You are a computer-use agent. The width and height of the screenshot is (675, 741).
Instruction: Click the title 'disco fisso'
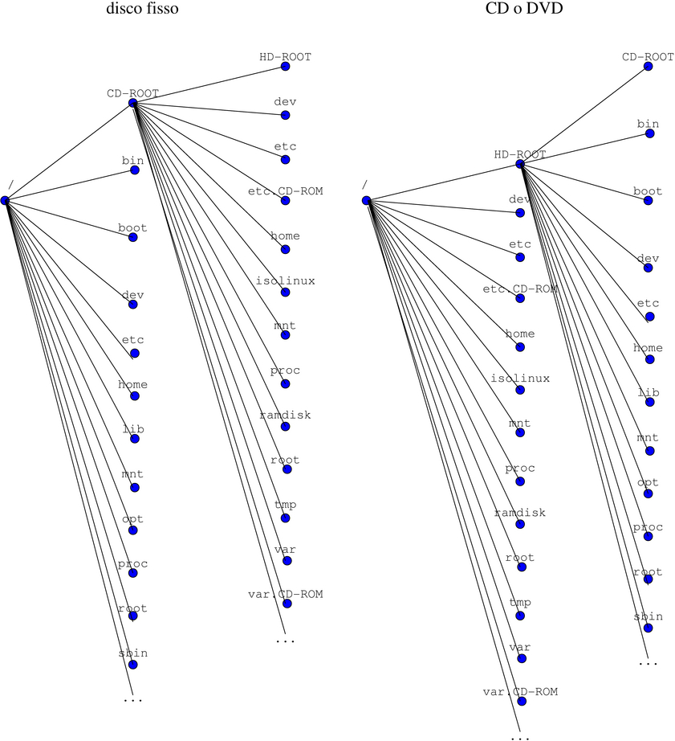coord(143,10)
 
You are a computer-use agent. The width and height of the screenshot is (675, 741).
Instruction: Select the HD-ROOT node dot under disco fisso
coord(285,69)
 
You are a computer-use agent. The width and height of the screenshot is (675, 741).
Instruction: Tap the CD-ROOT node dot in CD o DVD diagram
coord(648,67)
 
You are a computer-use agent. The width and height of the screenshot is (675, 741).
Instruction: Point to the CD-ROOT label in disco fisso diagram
coord(132,93)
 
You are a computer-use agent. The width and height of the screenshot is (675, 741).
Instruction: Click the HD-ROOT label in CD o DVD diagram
coord(519,154)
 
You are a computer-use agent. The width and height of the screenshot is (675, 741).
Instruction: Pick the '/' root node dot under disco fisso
coord(5,200)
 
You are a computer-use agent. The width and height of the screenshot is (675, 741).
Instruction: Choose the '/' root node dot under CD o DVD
coord(365,200)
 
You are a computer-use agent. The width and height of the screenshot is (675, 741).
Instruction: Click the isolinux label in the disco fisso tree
coord(285,281)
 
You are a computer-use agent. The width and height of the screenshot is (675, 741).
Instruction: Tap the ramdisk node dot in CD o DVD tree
coord(521,524)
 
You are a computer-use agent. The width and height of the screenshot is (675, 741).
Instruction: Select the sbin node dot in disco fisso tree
coord(132,665)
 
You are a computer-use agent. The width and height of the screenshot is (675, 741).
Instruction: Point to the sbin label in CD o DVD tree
coord(648,616)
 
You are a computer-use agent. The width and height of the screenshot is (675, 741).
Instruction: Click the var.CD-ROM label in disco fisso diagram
coord(285,595)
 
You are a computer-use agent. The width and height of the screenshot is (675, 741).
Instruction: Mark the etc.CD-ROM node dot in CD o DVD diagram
coord(521,299)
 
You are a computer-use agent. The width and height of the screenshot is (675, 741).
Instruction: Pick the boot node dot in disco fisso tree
coord(133,238)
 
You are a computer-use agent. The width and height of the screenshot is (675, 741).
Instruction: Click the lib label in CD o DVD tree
coord(648,391)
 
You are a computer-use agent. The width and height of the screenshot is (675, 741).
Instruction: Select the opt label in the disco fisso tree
coord(132,519)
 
